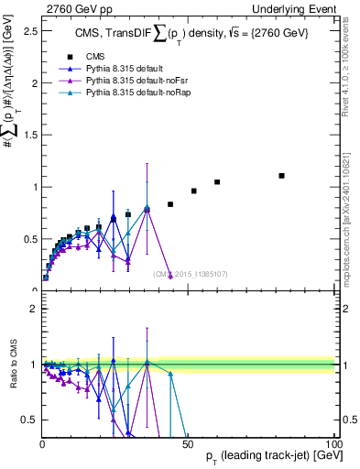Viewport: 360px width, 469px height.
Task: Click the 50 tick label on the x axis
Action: (x=188, y=444)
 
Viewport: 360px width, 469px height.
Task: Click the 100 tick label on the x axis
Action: (x=333, y=444)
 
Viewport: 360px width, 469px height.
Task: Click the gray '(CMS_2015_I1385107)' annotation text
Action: (x=191, y=274)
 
